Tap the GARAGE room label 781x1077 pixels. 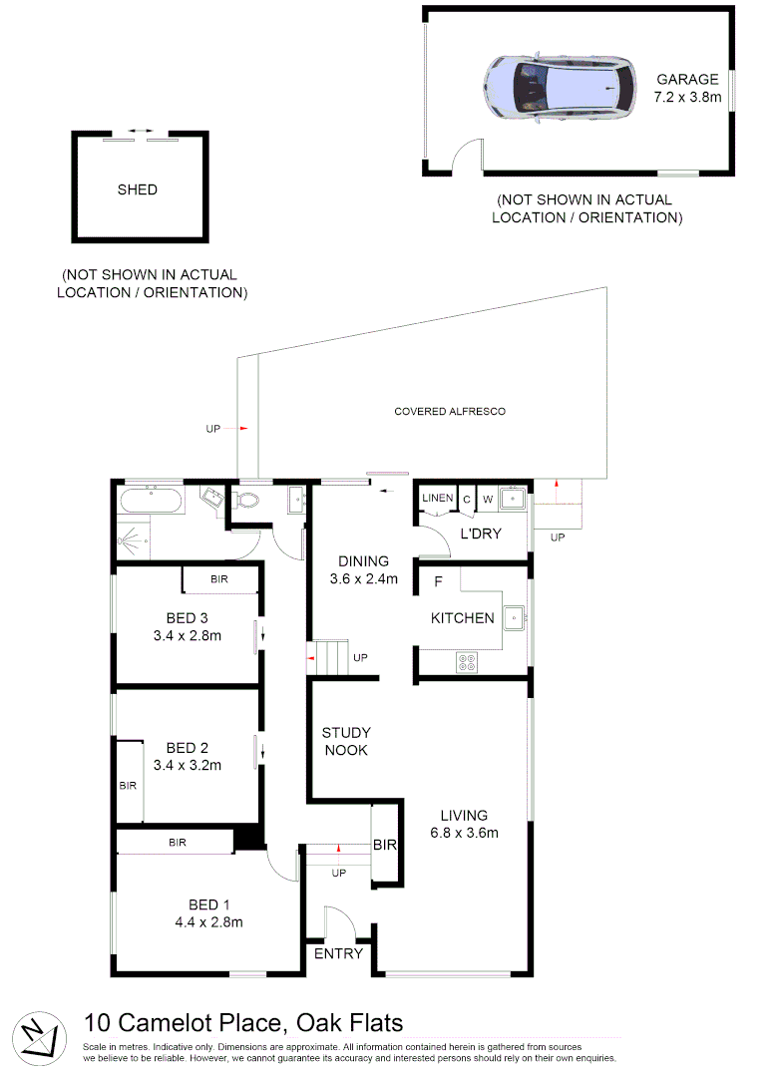tap(687, 80)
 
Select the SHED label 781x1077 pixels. tap(138, 189)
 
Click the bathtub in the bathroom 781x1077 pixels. tap(151, 500)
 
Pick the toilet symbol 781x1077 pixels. tap(248, 500)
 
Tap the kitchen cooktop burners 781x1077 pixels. tap(466, 660)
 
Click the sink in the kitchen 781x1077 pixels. tap(514, 617)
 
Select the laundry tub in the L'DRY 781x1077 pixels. tap(513, 498)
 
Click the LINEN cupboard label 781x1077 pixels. tap(437, 498)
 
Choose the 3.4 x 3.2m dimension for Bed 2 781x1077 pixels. tap(188, 766)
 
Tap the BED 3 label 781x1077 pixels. tap(188, 617)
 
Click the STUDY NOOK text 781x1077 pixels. tap(345, 741)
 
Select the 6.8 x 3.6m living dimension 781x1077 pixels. tap(465, 833)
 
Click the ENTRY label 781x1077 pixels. tap(338, 954)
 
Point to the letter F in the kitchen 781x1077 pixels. tap(438, 580)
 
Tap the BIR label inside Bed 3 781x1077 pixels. tap(219, 578)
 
